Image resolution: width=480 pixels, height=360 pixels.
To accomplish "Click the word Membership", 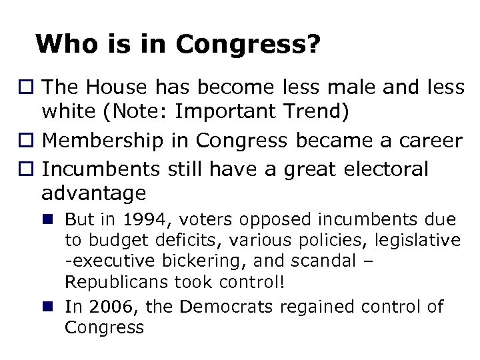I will (101, 141).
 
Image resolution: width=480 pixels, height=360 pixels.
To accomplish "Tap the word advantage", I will (93, 193).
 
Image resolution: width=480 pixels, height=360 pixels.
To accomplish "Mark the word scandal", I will (329, 261).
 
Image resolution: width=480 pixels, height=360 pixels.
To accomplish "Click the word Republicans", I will (117, 281).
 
